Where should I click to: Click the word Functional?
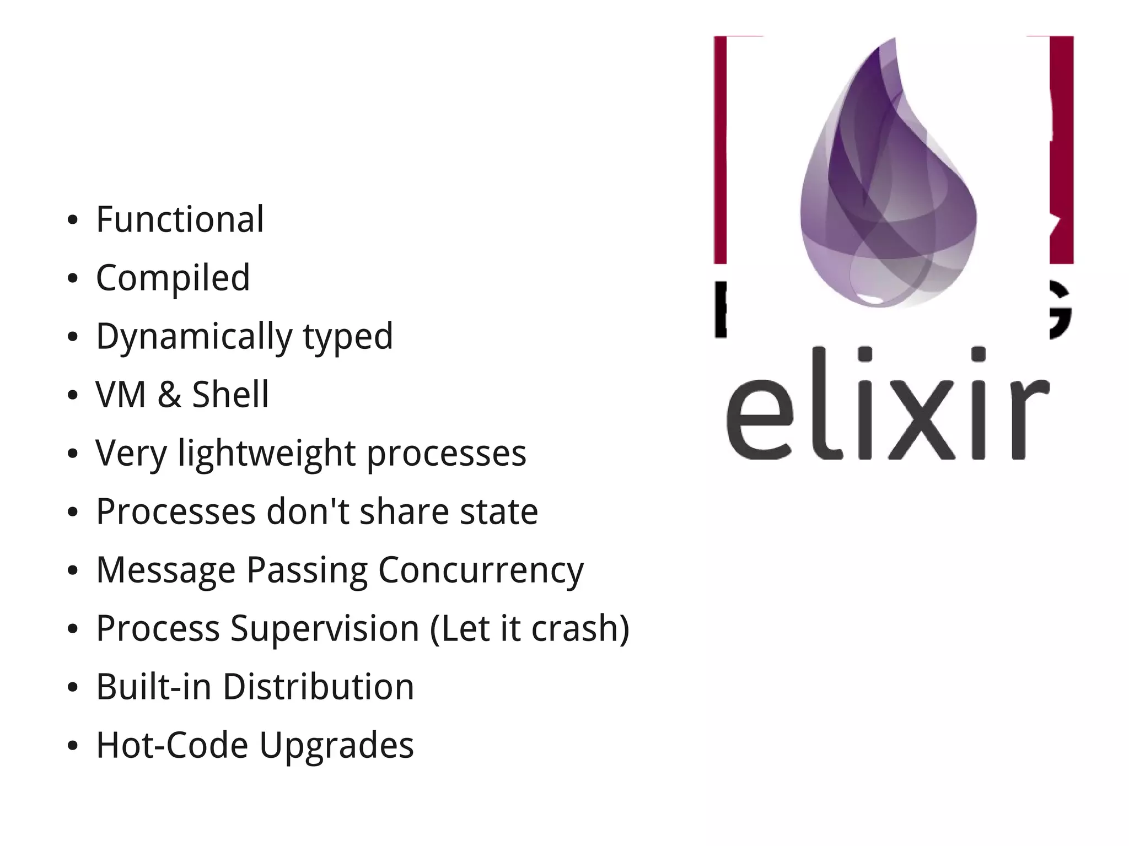pos(180,219)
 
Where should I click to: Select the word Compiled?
pos(173,278)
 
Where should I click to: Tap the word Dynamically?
pos(193,337)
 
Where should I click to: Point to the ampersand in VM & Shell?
pos(169,395)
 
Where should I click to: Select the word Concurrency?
pos(480,570)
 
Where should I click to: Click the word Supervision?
pos(325,628)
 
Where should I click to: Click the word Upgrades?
pos(336,745)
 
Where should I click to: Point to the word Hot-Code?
pos(172,745)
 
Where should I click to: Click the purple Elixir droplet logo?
pos(888,182)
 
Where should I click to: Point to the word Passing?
pos(307,570)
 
